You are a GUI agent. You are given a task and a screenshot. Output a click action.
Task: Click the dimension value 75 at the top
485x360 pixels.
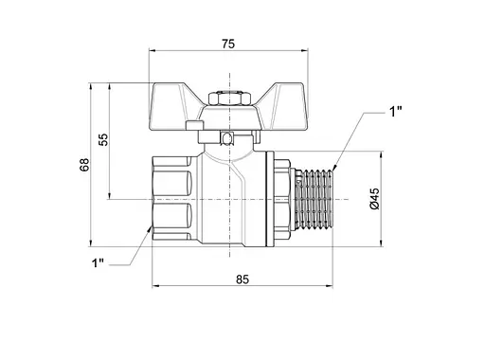point(228,44)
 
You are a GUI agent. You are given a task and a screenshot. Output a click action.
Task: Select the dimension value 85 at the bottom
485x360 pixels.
point(242,279)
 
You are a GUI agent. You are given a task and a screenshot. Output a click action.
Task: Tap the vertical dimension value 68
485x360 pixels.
point(84,165)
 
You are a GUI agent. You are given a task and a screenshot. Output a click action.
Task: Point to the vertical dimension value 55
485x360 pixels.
point(103,139)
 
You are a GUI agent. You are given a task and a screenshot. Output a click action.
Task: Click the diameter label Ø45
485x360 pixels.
point(374,199)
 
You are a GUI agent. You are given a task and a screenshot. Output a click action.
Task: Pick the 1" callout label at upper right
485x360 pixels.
point(395,112)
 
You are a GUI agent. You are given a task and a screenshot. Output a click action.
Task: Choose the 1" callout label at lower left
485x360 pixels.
point(98,262)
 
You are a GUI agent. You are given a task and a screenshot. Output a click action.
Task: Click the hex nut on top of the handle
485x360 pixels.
point(229,99)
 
